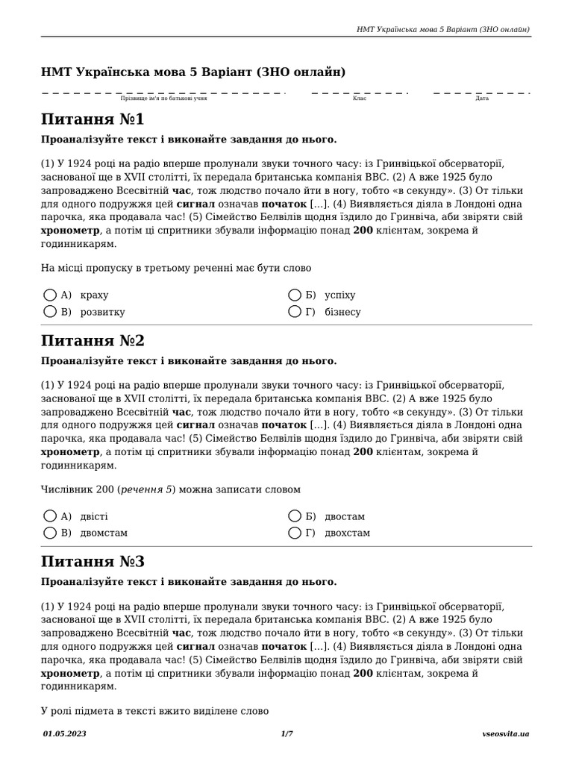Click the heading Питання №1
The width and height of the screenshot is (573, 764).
click(93, 120)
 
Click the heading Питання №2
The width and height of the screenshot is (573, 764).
click(93, 341)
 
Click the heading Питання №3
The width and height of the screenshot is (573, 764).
click(93, 562)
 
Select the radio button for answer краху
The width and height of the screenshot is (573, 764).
click(51, 295)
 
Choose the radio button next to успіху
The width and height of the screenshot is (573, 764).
click(295, 295)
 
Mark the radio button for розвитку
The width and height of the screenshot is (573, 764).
click(51, 311)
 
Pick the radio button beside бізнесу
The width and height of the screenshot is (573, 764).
click(295, 311)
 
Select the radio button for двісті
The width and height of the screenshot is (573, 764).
click(51, 516)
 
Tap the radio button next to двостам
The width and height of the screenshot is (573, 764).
click(295, 516)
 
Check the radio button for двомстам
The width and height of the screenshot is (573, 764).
click(51, 532)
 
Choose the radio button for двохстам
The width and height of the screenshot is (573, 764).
click(295, 532)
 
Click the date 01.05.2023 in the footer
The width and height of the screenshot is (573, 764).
click(64, 734)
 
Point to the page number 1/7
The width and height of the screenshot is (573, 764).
click(286, 734)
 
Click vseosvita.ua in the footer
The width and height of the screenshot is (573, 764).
click(506, 734)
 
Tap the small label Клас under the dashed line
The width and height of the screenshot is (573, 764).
click(359, 98)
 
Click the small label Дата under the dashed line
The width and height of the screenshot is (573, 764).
click(482, 98)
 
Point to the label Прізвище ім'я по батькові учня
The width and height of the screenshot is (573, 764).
click(163, 98)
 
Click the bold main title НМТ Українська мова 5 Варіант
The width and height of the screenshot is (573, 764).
click(193, 72)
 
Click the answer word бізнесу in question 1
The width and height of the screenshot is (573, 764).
click(342, 312)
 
